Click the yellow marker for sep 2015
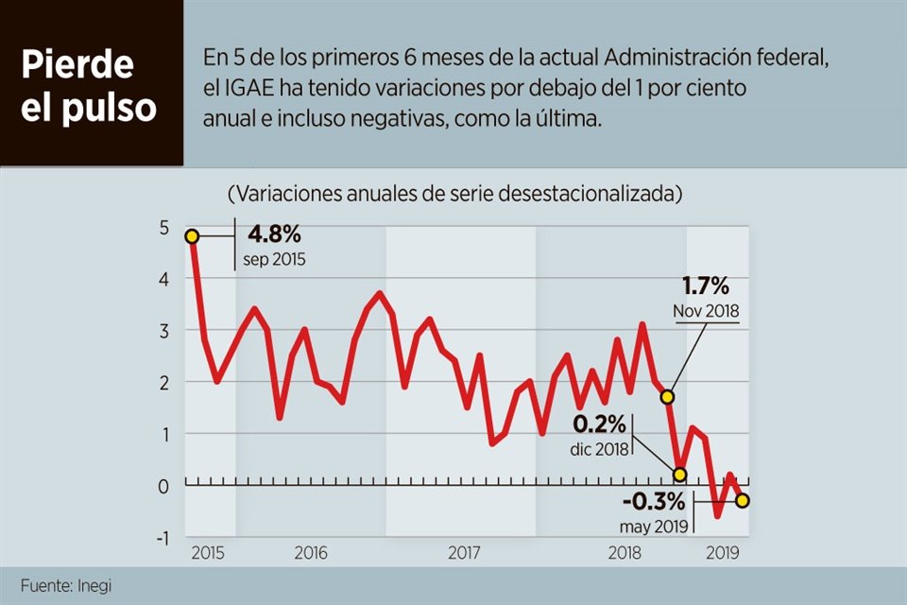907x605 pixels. [x=192, y=236]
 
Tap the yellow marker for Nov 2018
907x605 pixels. [x=668, y=397]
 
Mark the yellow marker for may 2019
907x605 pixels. [x=743, y=500]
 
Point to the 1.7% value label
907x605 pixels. [x=705, y=286]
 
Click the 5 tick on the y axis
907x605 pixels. [x=163, y=228]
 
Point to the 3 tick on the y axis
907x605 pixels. [x=163, y=331]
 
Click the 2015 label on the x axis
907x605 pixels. [x=208, y=553]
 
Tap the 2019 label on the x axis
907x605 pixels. [x=724, y=553]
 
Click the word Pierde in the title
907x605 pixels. [x=77, y=65]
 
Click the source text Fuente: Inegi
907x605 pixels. [x=65, y=586]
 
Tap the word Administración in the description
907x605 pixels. [x=659, y=59]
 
